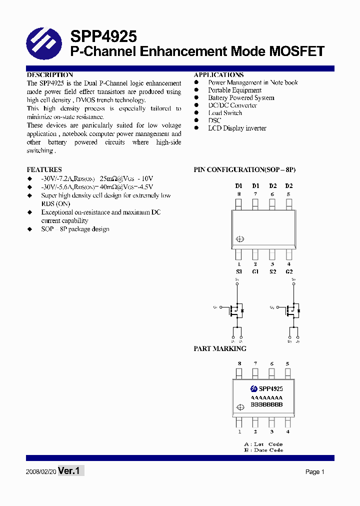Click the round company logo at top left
click(43, 44)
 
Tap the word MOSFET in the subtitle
click(297, 51)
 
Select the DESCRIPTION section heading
click(50, 75)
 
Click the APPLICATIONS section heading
click(218, 75)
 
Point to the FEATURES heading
click(44, 169)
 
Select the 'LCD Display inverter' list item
click(237, 128)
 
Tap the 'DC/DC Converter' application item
click(232, 105)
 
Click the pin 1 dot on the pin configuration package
click(239, 239)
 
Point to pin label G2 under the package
click(289, 271)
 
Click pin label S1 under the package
click(238, 271)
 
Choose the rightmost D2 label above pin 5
click(288, 186)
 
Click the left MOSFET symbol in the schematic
click(235, 310)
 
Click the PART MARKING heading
click(220, 348)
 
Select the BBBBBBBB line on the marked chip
click(266, 404)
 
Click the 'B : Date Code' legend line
click(263, 450)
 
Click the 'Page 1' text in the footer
click(315, 471)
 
